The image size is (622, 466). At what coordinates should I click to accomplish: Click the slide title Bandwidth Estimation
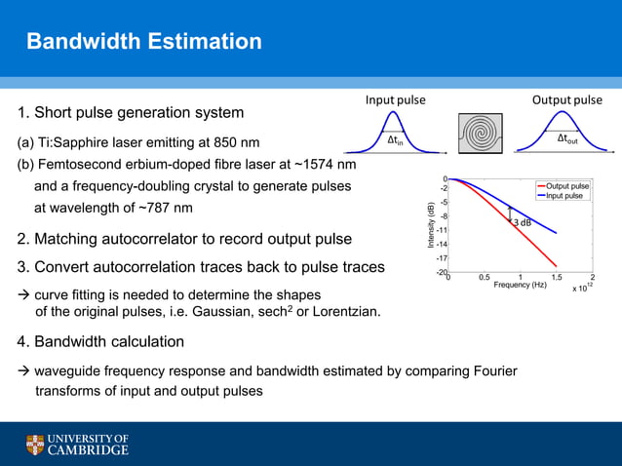[x=143, y=42]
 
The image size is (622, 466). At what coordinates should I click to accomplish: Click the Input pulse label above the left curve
[x=395, y=99]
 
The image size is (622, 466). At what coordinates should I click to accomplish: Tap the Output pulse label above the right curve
[x=566, y=99]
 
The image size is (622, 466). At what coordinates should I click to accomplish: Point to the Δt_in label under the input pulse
[x=395, y=140]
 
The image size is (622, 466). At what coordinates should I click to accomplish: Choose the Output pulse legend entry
[x=566, y=185]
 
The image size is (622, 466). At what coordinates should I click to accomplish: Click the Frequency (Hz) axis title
[x=521, y=285]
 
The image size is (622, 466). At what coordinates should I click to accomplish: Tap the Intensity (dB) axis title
[x=430, y=225]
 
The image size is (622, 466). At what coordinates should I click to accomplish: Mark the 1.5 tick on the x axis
[x=556, y=277]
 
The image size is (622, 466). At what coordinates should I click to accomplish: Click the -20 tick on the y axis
[x=441, y=273]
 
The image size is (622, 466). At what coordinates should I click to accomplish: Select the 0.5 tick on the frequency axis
[x=484, y=277]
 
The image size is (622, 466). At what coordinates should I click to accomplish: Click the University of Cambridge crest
[x=35, y=446]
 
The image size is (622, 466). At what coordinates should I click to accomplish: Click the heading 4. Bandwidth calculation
[x=100, y=342]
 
